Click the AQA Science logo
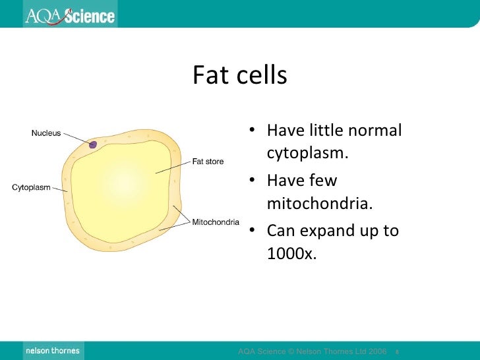point(69,15)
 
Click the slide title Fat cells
point(240,76)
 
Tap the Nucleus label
point(46,133)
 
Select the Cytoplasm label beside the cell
point(31,187)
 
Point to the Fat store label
point(208,161)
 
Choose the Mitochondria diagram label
point(216,222)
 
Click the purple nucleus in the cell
point(94,144)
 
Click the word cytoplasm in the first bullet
point(307,154)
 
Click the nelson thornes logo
point(52,351)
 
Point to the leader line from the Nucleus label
point(76,138)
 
